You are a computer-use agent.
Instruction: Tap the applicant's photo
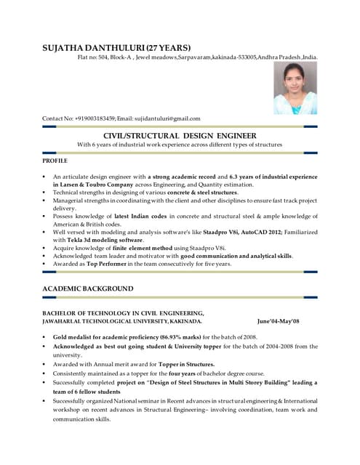coord(295,87)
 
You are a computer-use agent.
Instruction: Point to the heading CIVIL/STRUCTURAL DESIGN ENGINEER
coord(180,135)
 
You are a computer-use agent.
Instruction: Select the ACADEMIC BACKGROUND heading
coord(88,288)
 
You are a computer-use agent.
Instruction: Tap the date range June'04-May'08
coord(279,320)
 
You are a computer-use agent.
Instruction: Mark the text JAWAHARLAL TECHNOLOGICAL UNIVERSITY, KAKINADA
coord(123,320)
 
